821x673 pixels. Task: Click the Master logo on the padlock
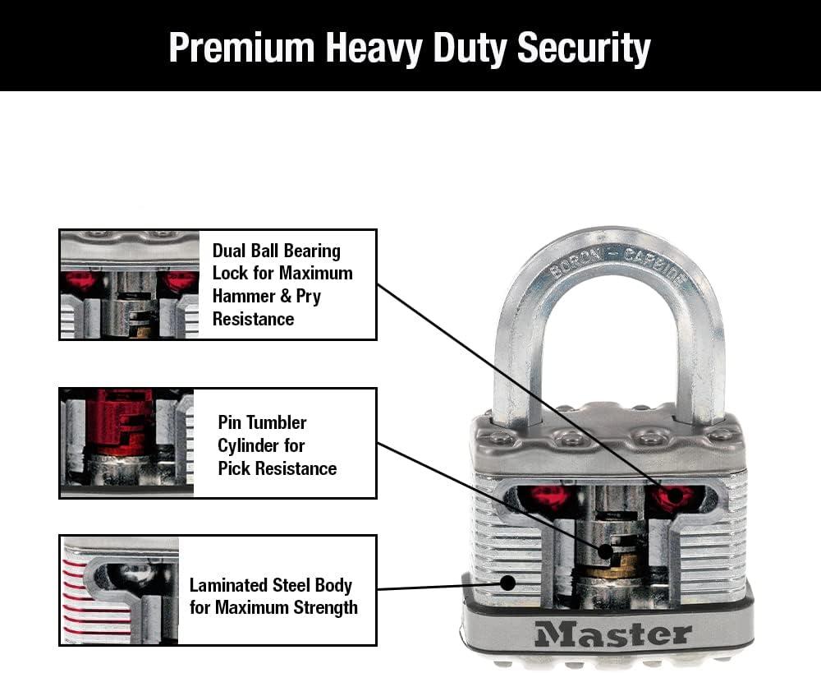pos(612,634)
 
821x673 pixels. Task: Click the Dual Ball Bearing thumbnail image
pos(130,284)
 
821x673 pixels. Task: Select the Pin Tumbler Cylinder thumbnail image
pos(126,443)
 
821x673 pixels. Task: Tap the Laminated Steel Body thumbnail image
pos(120,589)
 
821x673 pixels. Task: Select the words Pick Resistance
pos(277,468)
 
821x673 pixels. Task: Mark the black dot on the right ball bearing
pos(674,495)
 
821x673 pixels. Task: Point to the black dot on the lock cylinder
pos(603,551)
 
